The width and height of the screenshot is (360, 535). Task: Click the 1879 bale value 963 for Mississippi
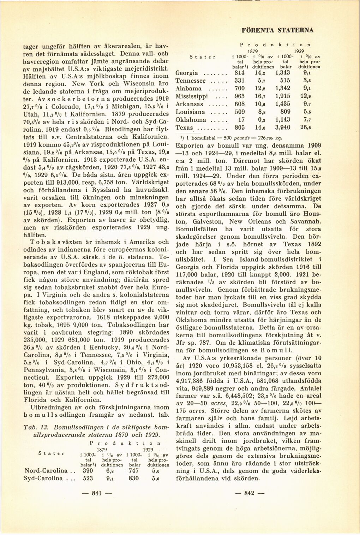click(x=239, y=96)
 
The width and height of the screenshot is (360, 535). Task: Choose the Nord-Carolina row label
click(x=44, y=470)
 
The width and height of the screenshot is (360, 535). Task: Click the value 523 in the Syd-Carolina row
click(x=88, y=478)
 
